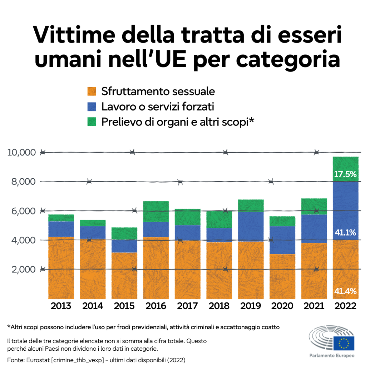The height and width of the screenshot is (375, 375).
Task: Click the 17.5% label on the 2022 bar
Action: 345,174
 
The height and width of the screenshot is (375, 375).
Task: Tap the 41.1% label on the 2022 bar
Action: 345,233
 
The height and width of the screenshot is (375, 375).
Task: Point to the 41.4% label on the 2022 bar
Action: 345,291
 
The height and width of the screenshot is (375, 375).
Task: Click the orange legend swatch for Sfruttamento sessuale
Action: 92,91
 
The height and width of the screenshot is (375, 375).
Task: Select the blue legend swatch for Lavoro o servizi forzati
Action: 92,106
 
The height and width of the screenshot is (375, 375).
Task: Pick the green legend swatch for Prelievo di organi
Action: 92,122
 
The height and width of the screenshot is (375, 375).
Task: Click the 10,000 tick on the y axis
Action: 21,152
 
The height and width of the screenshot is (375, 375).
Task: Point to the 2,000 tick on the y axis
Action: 23,269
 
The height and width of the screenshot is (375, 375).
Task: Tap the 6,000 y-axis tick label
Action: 23,211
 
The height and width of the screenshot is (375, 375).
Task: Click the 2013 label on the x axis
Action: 61,306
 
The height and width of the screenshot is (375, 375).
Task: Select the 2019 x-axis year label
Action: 250,306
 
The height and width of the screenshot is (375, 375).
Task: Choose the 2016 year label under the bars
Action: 156,306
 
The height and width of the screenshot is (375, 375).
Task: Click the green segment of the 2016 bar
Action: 156,212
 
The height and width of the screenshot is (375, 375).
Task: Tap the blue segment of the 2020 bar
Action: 282,240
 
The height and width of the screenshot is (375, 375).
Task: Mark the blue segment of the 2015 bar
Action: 124,246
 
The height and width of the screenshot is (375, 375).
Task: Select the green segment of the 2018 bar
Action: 219,219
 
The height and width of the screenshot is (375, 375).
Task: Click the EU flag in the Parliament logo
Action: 344,343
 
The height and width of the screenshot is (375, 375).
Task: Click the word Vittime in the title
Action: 74,35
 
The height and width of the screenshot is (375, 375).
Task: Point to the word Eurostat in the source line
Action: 38,360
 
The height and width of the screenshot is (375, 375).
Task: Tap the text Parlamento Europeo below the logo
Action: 332,356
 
